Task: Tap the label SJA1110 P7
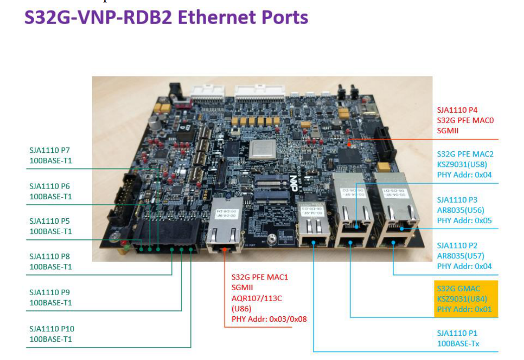(x=50, y=150)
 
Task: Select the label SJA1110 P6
(x=50, y=186)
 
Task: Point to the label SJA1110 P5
(x=50, y=221)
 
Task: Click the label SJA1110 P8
(x=50, y=256)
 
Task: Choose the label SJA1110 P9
(x=50, y=292)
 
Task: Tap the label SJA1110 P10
(x=52, y=329)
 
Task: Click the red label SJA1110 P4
(x=457, y=109)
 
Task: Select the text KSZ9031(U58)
(x=462, y=164)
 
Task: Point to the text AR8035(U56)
(x=461, y=210)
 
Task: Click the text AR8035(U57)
(x=461, y=256)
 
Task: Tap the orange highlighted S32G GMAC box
(x=466, y=299)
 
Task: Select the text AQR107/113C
(x=256, y=298)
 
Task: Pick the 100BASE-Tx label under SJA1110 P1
(x=457, y=343)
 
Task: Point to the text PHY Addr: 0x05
(x=464, y=220)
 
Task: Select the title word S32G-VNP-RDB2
(x=96, y=17)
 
